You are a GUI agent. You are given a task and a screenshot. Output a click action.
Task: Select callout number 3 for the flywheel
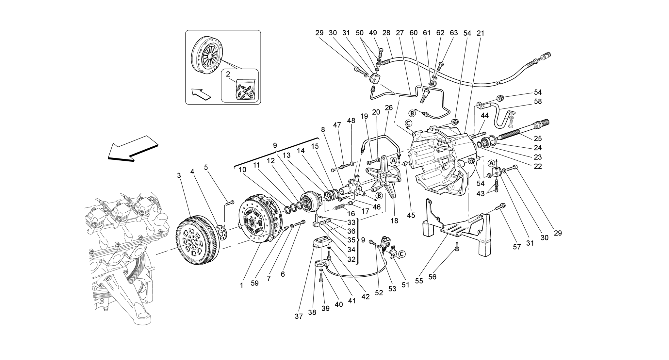179,175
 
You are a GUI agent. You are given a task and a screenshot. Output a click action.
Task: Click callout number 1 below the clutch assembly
241,285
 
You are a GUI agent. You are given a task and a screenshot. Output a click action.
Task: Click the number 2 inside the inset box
228,74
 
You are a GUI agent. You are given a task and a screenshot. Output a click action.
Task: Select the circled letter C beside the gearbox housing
408,123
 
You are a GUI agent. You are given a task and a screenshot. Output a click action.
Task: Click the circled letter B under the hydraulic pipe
412,113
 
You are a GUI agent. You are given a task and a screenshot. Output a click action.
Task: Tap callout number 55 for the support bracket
419,281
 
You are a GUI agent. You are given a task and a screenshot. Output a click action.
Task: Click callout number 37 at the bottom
299,316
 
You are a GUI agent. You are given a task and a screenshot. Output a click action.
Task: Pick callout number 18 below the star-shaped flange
394,221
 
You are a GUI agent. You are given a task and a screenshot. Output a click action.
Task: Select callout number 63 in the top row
454,33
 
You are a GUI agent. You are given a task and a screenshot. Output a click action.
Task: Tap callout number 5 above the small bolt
206,167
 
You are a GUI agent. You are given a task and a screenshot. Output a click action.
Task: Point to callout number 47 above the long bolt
337,125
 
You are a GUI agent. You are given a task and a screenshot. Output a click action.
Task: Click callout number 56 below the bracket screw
432,277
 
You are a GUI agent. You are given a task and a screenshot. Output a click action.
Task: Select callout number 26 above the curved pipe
388,107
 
